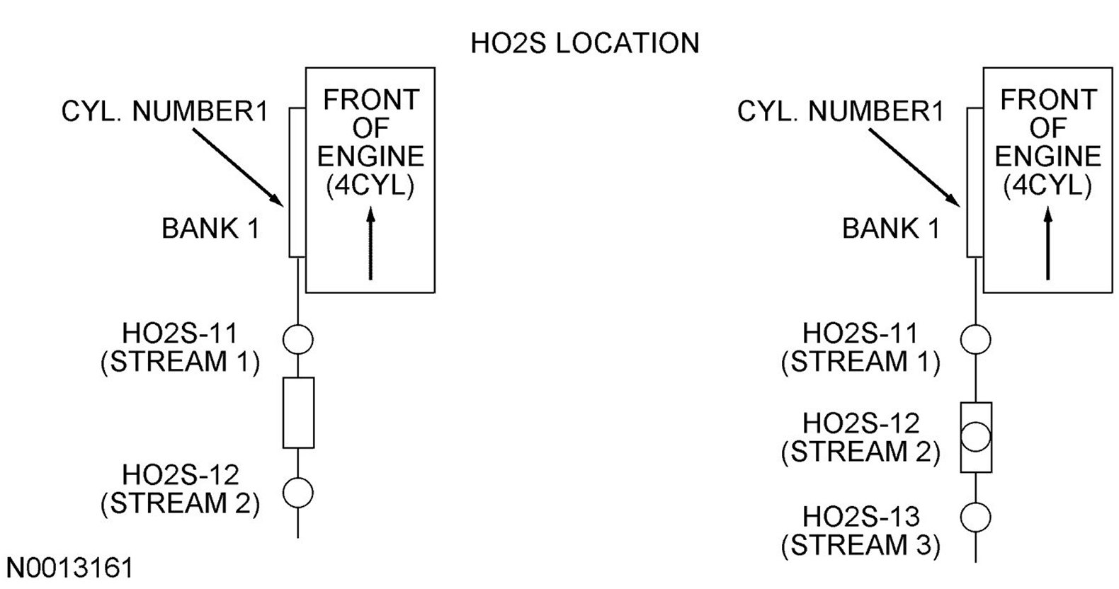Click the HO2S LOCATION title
(584, 43)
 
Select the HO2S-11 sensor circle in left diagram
(298, 339)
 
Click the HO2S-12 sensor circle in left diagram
(298, 492)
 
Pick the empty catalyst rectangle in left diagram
(298, 413)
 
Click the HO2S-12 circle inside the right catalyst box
(975, 436)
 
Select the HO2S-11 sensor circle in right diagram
(975, 339)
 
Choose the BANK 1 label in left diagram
(210, 229)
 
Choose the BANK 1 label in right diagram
(890, 229)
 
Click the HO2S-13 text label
(860, 517)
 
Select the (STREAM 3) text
(860, 546)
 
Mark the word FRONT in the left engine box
(371, 101)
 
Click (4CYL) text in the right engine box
(1047, 185)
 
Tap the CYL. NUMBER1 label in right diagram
(840, 112)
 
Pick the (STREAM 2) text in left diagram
(180, 503)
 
